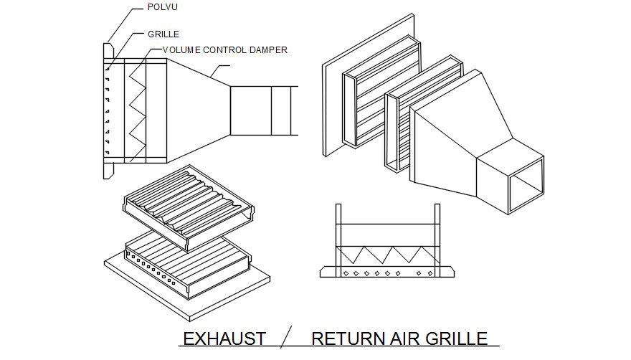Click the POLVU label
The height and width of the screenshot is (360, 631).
(163, 7)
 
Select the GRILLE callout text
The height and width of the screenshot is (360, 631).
(163, 34)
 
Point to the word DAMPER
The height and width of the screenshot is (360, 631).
(268, 50)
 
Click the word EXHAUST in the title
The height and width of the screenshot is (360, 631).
(224, 338)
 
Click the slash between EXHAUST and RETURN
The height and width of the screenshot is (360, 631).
(286, 336)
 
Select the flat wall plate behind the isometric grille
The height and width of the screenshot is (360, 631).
(369, 85)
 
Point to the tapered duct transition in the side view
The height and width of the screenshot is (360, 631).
(199, 110)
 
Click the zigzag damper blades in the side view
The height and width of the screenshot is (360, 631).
(137, 110)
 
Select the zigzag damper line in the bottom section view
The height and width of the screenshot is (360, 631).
(386, 255)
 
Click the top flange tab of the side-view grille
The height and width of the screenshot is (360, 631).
(109, 51)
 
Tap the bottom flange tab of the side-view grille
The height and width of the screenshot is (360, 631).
(109, 171)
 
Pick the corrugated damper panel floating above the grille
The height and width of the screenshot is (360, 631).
(189, 208)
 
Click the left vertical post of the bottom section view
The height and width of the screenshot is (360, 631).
(338, 240)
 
